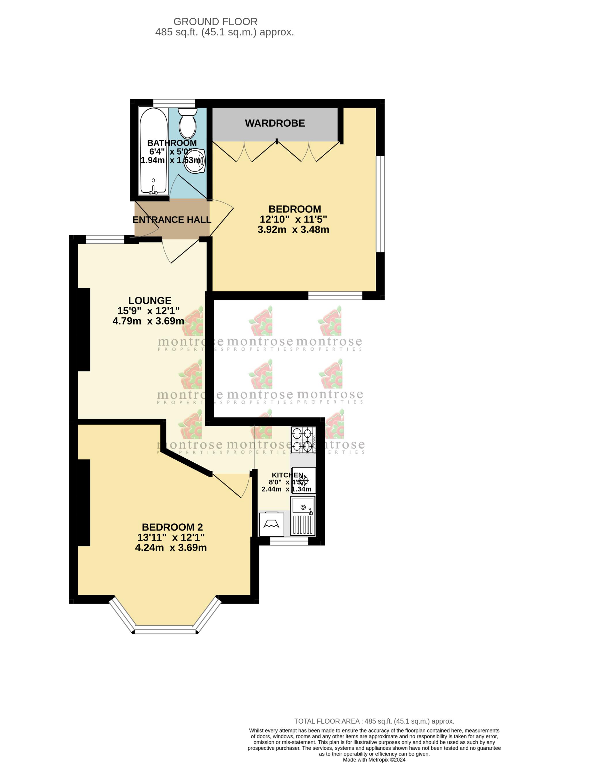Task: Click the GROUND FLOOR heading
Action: [x=215, y=22]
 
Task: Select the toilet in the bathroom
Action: [x=188, y=124]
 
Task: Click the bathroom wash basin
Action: [x=194, y=161]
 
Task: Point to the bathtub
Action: [x=153, y=151]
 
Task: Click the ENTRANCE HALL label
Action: [x=172, y=220]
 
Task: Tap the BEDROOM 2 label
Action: [x=172, y=527]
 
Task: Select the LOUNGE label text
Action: [x=150, y=300]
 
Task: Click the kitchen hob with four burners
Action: [x=303, y=440]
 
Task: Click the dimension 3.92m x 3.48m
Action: [x=293, y=230]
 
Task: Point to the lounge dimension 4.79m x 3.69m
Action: [x=148, y=321]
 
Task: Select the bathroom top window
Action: [x=174, y=103]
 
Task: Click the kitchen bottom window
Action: [x=289, y=541]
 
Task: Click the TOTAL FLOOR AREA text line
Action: [x=374, y=721]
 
